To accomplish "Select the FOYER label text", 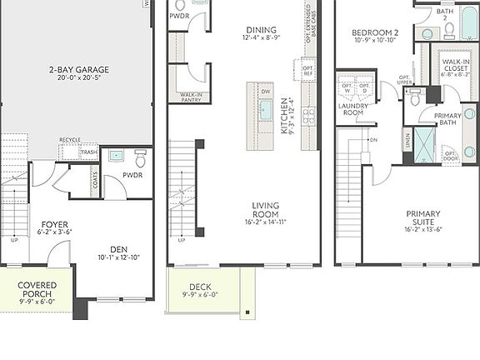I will pos(54,224).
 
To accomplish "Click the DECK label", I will pos(200,287).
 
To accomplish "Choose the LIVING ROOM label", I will pos(266,209).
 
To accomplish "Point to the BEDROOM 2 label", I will pos(375,32).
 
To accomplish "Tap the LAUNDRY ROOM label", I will pos(354,108).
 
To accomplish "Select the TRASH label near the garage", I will pos(88,152).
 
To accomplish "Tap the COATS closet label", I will pos(94,183).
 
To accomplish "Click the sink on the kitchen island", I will pos(266,109).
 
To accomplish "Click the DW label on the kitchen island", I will pos(266,92).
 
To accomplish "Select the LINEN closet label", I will pos(407,137).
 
